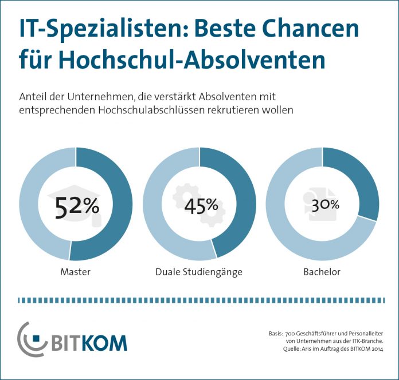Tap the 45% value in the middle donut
201,205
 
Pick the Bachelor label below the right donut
322,272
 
